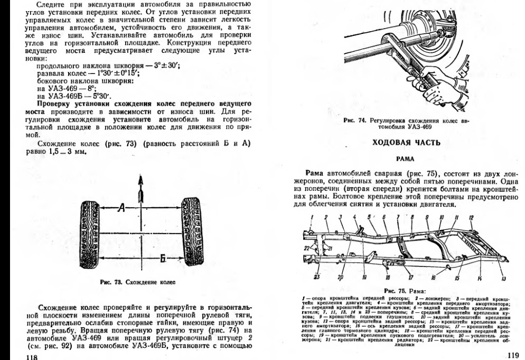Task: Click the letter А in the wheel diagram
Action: tap(121, 209)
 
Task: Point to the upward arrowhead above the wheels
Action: tap(140, 182)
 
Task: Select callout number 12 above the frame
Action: tap(470, 217)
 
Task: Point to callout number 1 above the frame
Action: tap(312, 217)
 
